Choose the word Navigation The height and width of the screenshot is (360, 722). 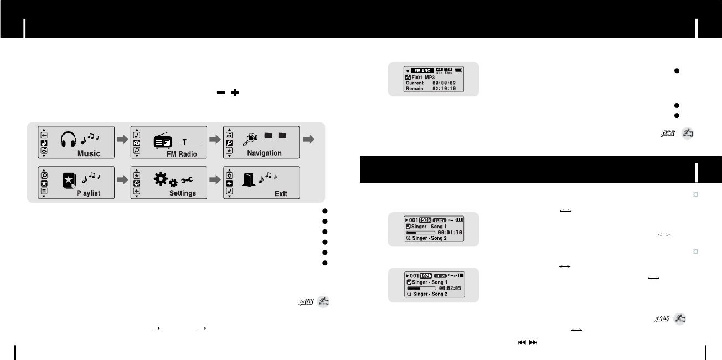pyautogui.click(x=264, y=153)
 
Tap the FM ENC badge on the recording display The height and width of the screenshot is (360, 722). pyautogui.click(x=422, y=70)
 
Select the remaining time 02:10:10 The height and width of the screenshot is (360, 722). pyautogui.click(x=444, y=89)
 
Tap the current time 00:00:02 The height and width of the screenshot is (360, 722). pyautogui.click(x=444, y=83)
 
